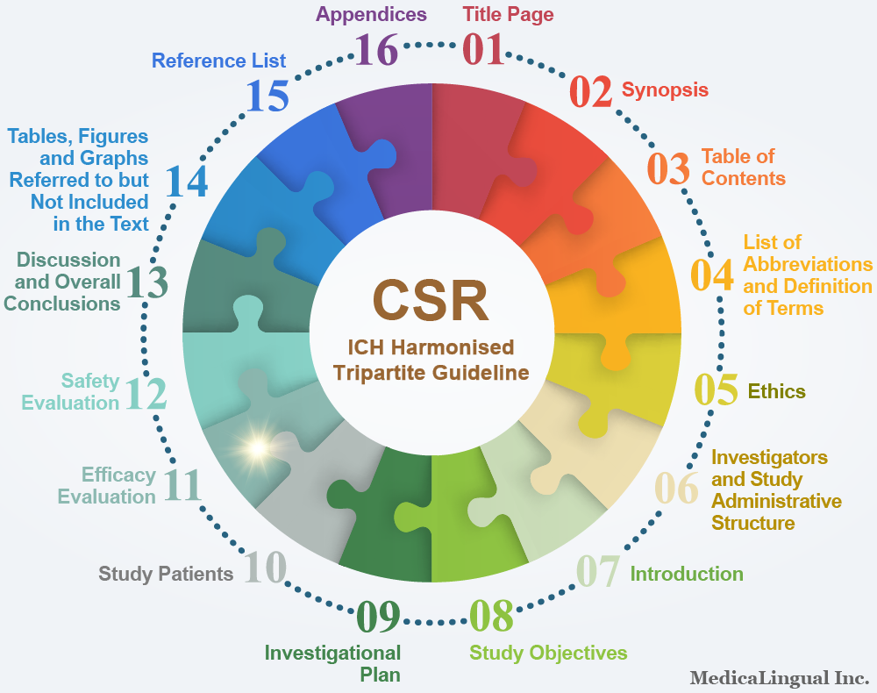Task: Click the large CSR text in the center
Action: point(431,300)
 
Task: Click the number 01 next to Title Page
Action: point(483,49)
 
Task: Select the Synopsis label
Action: point(665,90)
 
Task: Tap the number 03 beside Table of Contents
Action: point(668,168)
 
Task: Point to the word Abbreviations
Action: point(808,264)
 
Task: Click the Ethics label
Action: point(776,391)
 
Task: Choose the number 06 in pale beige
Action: point(676,488)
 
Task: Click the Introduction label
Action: point(687,574)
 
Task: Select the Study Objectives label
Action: point(548,654)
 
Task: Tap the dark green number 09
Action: point(378,617)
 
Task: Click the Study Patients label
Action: point(166,574)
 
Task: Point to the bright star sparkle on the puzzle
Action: point(258,448)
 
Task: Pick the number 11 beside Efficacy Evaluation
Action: point(182,484)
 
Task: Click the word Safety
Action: point(90,381)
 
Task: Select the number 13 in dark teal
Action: point(147,282)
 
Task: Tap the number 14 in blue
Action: point(186,182)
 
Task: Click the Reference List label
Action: point(218,61)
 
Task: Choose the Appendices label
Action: point(371,15)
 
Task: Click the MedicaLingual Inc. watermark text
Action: point(780,678)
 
